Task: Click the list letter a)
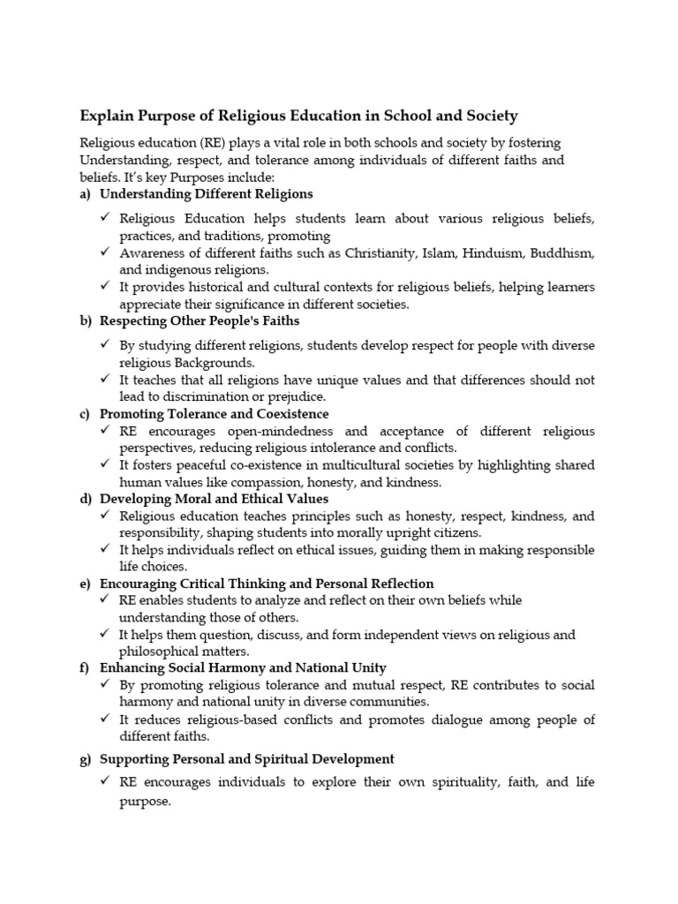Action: click(86, 193)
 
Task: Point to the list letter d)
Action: click(86, 499)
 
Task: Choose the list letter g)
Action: click(86, 759)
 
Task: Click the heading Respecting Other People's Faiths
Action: click(200, 320)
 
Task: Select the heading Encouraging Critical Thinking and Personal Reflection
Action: click(267, 584)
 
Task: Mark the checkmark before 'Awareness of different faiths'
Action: click(105, 252)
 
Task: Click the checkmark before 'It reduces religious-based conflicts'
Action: click(105, 719)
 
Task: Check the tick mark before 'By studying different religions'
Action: click(105, 345)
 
